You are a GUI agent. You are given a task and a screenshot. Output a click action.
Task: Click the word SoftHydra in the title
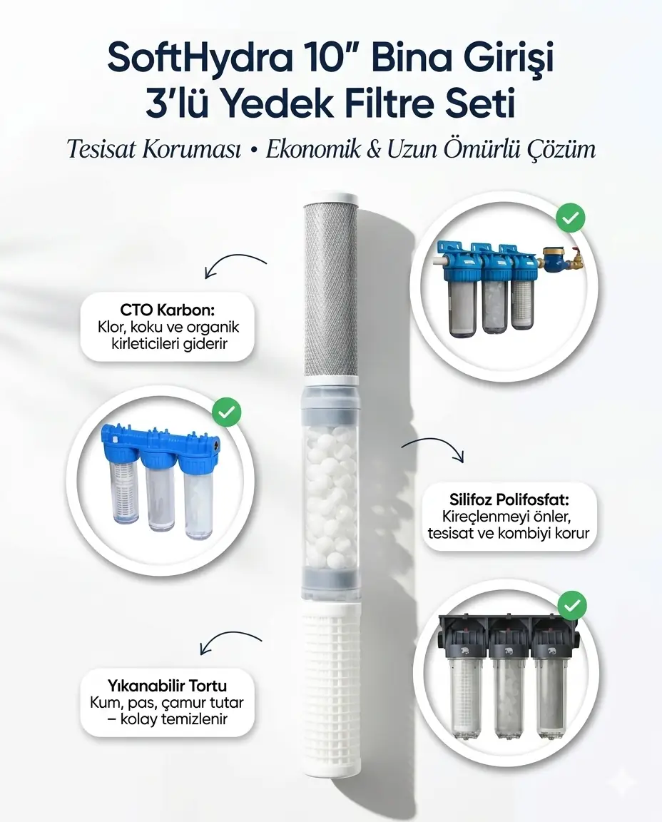200,59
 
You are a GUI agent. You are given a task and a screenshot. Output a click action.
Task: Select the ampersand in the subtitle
372,149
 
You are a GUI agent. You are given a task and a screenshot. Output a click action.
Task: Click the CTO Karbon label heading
167,310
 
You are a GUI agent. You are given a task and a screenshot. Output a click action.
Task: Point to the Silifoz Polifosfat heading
509,499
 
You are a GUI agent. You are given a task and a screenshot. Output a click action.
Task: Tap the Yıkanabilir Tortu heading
167,685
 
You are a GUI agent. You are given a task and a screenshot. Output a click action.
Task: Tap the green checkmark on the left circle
226,412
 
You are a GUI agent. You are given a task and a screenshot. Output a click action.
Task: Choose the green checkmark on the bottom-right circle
572,606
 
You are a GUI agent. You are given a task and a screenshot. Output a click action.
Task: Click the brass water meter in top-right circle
554,258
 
